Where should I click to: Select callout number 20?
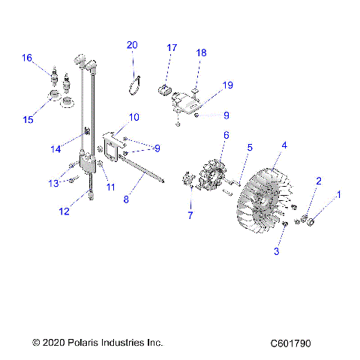tap(132, 45)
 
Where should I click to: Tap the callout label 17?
tap(172, 48)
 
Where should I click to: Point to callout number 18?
tap(201, 52)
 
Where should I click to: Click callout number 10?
tap(134, 118)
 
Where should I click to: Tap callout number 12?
tap(65, 211)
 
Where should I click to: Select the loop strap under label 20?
tap(136, 83)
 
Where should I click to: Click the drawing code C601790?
tap(291, 343)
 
